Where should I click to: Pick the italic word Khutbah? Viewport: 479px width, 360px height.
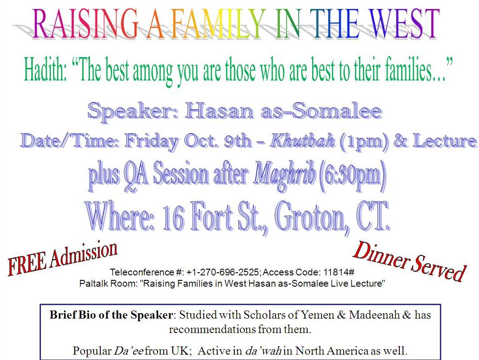302,140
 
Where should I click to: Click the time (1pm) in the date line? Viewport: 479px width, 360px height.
364,142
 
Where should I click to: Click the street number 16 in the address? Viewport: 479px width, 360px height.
173,218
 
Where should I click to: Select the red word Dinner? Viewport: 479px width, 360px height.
381,256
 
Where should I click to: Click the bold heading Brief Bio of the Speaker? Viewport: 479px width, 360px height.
111,315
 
